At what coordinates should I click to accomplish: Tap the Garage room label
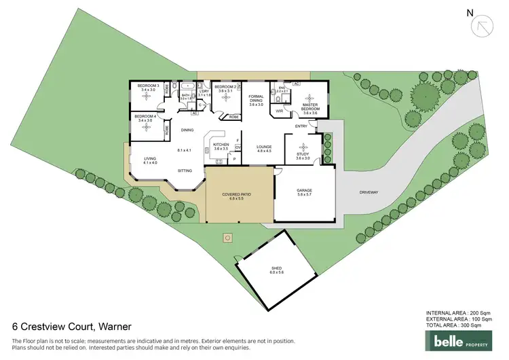[304, 192]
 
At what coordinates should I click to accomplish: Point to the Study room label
[303, 155]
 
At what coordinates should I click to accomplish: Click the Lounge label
[264, 148]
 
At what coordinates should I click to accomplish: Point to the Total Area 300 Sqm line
[455, 325]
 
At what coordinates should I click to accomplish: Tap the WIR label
[280, 110]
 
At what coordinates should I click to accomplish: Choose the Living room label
[149, 160]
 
